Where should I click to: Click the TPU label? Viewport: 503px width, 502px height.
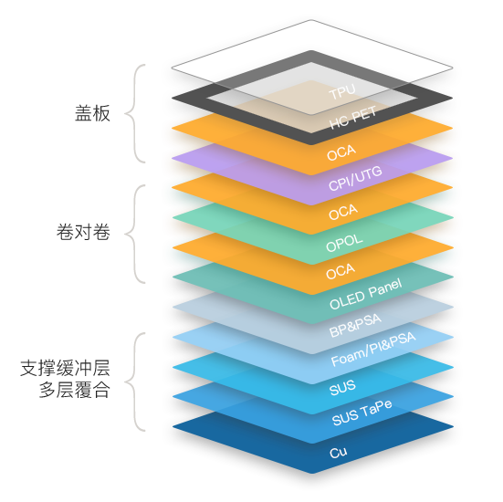tap(342, 91)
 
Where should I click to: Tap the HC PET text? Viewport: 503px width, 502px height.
tap(352, 118)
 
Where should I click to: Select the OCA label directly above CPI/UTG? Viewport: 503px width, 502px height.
tap(341, 152)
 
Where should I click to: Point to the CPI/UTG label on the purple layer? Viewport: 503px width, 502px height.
tap(355, 178)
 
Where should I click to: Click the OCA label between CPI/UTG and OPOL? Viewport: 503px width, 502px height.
tap(343, 212)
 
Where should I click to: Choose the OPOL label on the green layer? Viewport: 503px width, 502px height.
tap(344, 243)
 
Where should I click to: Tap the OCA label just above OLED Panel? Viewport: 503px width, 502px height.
tap(341, 271)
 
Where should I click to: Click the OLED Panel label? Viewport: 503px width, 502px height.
tap(366, 294)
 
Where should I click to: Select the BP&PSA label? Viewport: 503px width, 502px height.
tap(355, 325)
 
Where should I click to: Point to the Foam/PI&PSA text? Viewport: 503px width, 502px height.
tap(373, 349)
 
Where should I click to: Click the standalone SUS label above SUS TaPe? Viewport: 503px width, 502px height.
tap(342, 388)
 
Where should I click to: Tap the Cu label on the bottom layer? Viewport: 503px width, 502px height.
tap(339, 453)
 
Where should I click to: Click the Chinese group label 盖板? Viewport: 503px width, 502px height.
tap(92, 113)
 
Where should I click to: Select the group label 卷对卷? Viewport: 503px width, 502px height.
tap(83, 232)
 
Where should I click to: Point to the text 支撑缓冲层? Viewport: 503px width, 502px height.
tap(65, 368)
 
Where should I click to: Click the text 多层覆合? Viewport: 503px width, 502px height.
tap(75, 390)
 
